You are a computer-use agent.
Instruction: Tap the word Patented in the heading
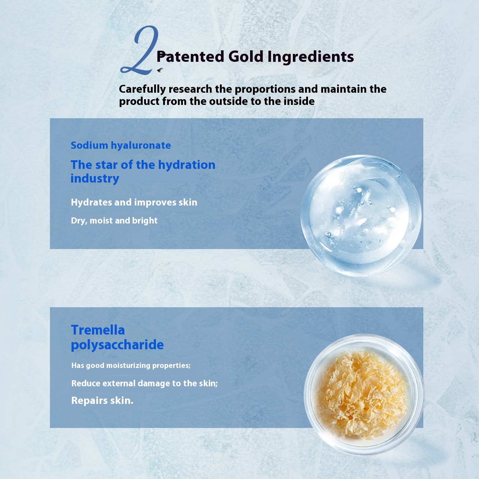[190, 56]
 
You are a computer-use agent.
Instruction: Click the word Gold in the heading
[245, 56]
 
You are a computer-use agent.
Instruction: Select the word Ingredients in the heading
[310, 57]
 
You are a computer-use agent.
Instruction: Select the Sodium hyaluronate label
[121, 146]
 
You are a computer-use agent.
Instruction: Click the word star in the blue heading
[106, 165]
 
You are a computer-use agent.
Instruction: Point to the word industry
[95, 179]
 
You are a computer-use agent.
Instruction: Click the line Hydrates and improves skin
[134, 202]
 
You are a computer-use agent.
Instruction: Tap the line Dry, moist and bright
[114, 221]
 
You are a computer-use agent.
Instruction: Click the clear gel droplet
[361, 215]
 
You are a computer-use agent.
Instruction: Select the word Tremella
[98, 330]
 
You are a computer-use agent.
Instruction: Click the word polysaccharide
[118, 345]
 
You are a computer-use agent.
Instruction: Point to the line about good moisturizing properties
[131, 365]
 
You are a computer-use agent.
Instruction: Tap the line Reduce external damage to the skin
[144, 383]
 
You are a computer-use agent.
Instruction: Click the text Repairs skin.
[102, 400]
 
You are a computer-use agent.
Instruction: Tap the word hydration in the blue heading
[187, 165]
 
